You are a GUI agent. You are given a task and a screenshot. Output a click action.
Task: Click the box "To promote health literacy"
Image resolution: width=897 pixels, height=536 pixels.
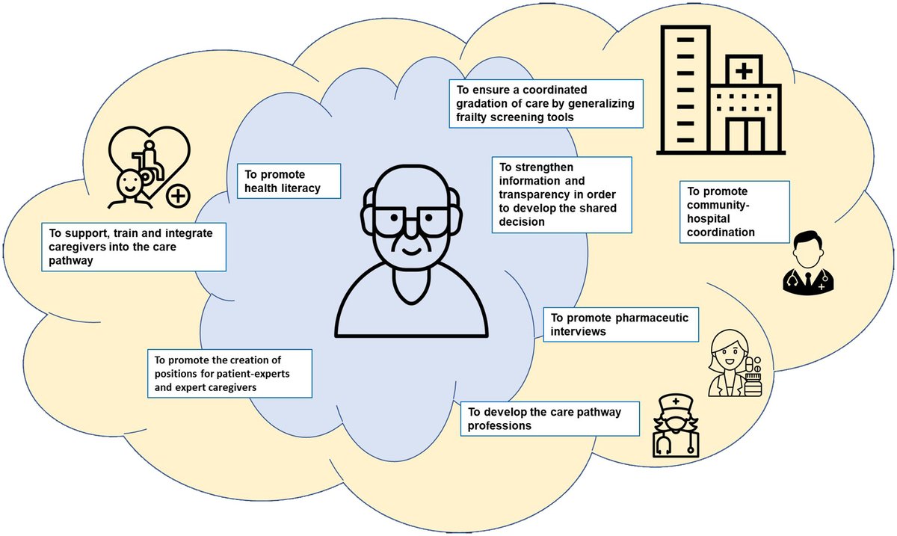coord(288,180)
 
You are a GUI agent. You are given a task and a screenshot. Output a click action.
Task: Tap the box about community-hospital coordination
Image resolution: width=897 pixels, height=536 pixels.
coord(735,211)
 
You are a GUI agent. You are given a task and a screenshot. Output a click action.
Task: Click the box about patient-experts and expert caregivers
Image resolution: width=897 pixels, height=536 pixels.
coord(227,372)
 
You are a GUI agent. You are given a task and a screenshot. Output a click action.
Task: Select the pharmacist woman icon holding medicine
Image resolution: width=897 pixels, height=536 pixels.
coord(734,363)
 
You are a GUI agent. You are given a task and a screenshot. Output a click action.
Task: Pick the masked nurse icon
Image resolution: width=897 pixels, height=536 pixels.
coord(676,429)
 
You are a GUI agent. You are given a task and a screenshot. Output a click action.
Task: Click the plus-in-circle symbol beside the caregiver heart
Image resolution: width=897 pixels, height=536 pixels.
coord(178,197)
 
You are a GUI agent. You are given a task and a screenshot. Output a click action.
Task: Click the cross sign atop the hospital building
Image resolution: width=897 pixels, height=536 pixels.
coord(744,73)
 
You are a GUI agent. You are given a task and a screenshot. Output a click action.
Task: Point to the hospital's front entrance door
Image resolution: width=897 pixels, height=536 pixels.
coord(745,135)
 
